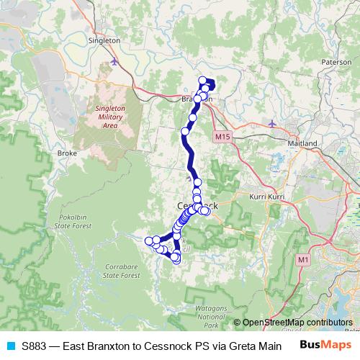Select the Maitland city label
tap(302, 143)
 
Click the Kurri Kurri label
tap(267, 197)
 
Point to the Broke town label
tap(67, 153)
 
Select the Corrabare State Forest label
tap(120, 271)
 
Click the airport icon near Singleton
tap(115, 63)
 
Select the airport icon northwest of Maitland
tap(271, 124)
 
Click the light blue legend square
tap(9, 345)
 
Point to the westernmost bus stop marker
tap(149, 240)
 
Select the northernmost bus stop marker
tap(202, 81)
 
